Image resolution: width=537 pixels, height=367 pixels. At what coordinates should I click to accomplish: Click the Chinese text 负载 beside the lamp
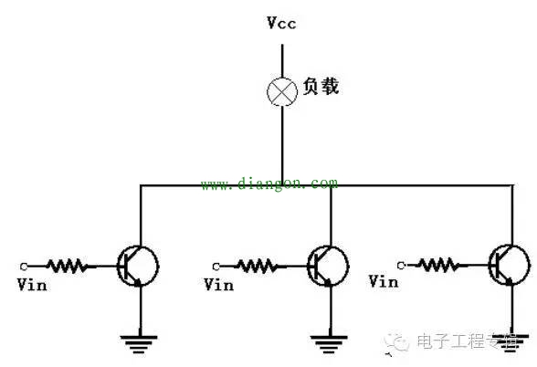tap(321, 88)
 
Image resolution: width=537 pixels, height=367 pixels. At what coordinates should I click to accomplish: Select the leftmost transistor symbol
tap(138, 266)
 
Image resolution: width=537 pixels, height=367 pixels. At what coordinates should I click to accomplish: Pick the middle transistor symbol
tap(326, 266)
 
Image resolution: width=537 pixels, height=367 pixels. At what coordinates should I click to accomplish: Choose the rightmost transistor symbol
tap(508, 264)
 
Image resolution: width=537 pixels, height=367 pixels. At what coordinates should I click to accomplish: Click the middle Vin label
tap(218, 285)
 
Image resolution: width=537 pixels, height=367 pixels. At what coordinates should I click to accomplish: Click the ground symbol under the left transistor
tap(140, 343)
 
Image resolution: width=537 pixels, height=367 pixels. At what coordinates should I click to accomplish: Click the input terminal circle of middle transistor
tap(216, 266)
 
